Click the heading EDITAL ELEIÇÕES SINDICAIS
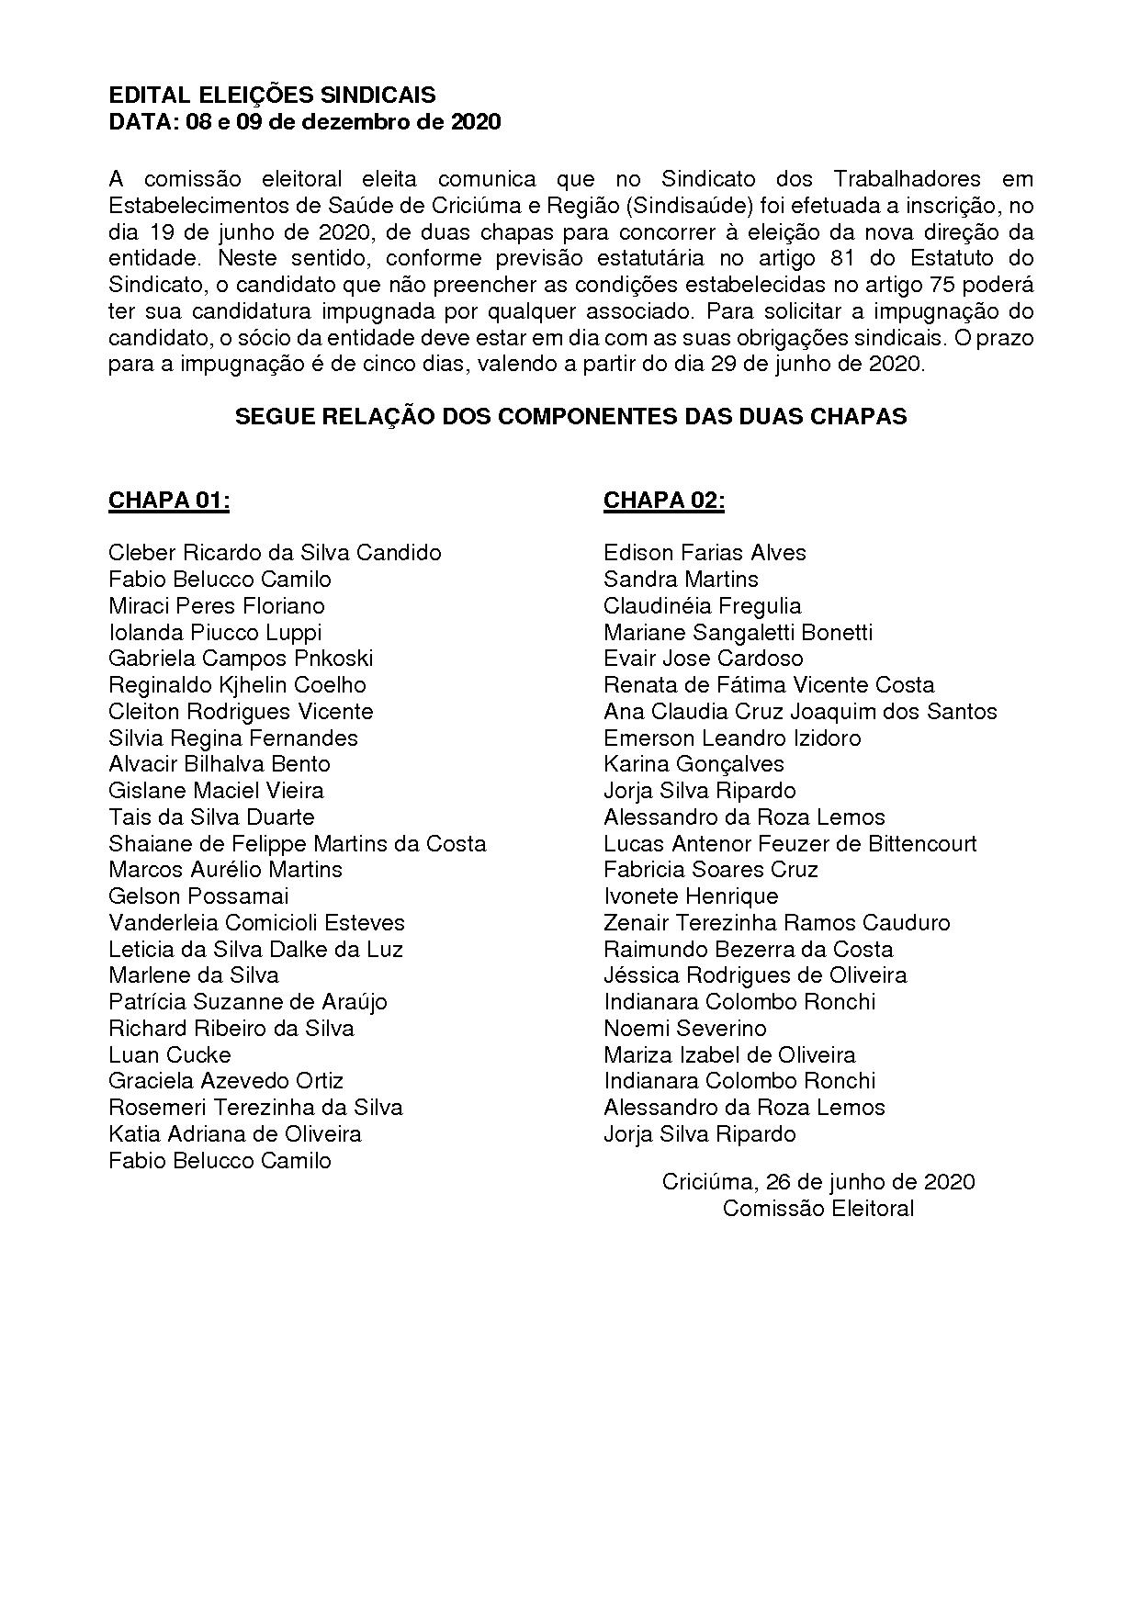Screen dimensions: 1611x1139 pyautogui.click(x=272, y=96)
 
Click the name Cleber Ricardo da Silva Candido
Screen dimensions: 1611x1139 pyautogui.click(x=275, y=553)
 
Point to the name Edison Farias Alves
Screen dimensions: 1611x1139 pyautogui.click(x=705, y=553)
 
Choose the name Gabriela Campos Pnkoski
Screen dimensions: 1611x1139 pyautogui.click(x=241, y=659)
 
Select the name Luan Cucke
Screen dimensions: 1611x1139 pyautogui.click(x=170, y=1054)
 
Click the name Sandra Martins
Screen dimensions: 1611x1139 pyautogui.click(x=681, y=580)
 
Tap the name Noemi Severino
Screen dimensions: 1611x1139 pyautogui.click(x=685, y=1029)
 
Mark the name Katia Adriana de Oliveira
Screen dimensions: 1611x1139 pyautogui.click(x=235, y=1134)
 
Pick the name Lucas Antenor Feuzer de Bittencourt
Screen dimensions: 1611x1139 pyautogui.click(x=790, y=843)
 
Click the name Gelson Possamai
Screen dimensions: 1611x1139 pyautogui.click(x=198, y=896)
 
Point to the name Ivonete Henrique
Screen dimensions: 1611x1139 pyautogui.click(x=691, y=896)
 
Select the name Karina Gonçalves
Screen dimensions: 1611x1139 pyautogui.click(x=694, y=764)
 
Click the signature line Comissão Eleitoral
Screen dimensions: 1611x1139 pyautogui.click(x=818, y=1209)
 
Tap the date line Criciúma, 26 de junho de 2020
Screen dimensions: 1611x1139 pyautogui.click(x=818, y=1182)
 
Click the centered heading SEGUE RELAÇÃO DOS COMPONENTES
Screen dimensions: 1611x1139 pyautogui.click(x=570, y=417)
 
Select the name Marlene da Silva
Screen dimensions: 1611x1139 pyautogui.click(x=194, y=975)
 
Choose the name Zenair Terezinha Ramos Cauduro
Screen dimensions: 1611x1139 pyautogui.click(x=777, y=923)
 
